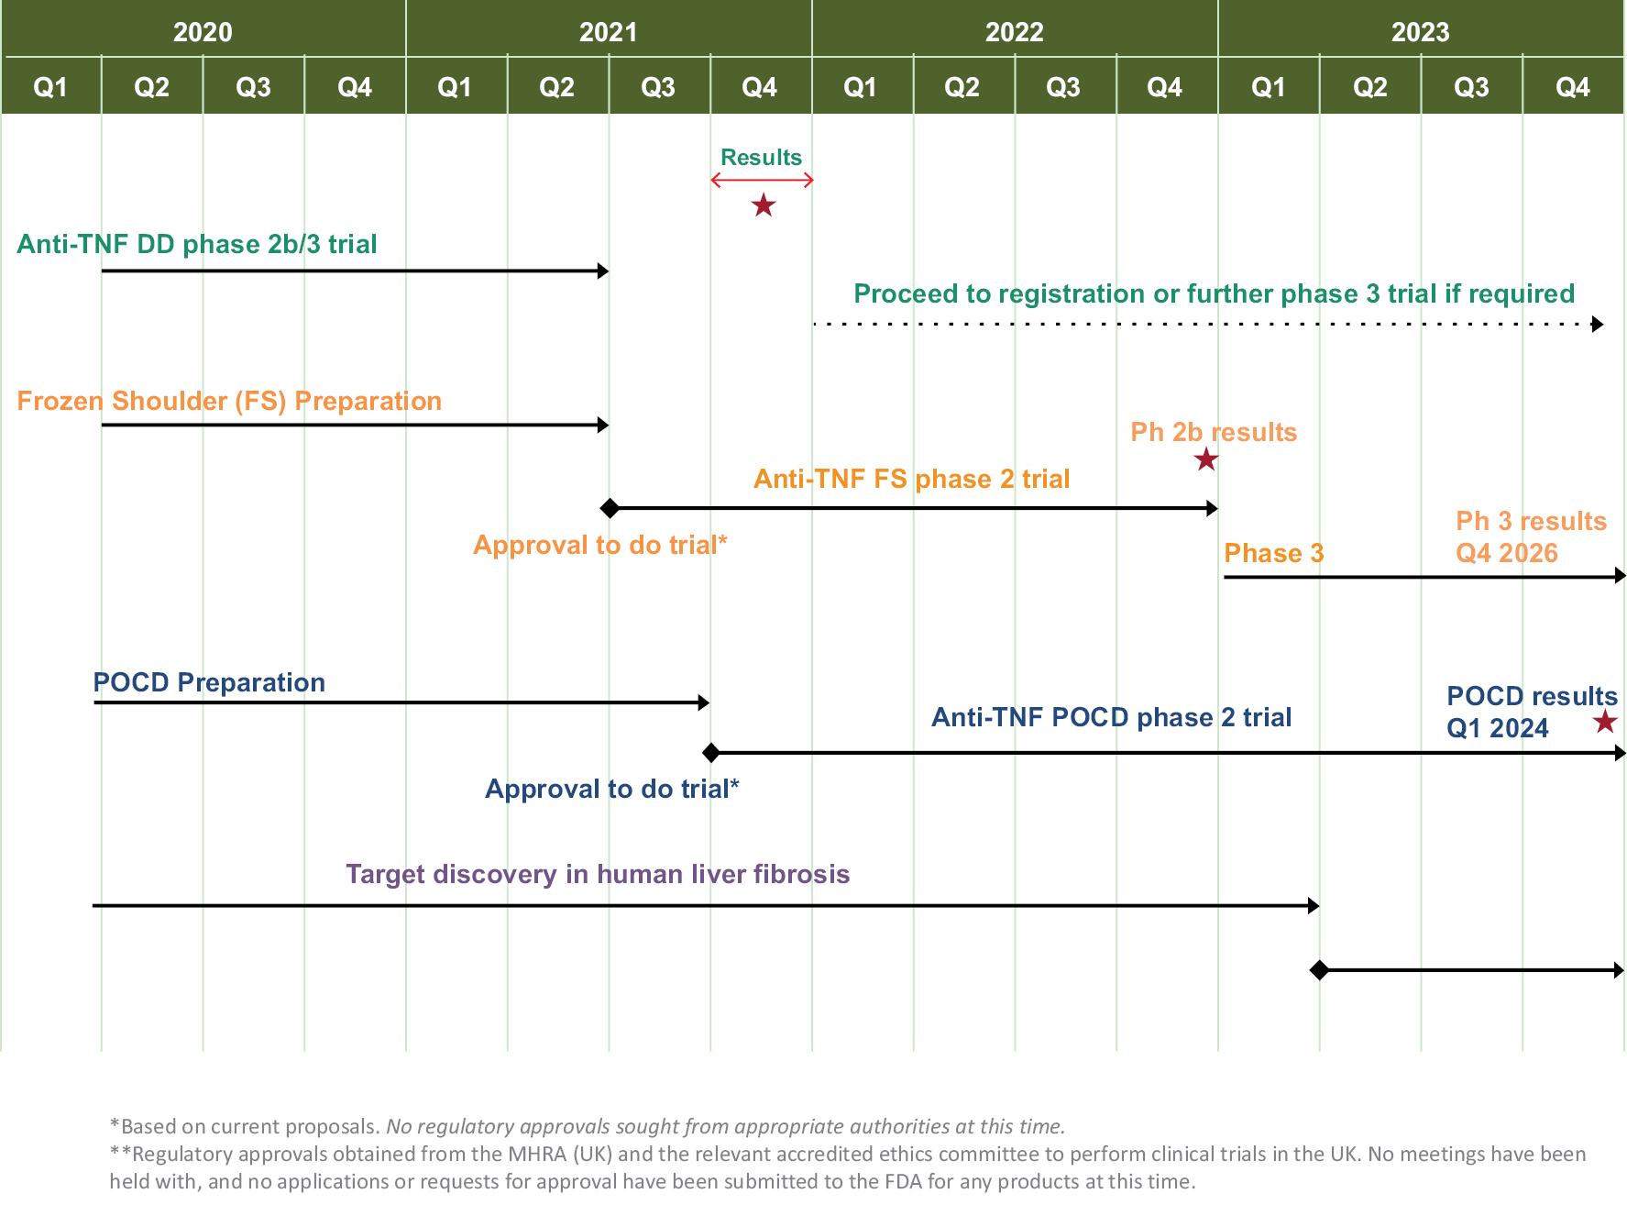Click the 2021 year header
tap(608, 32)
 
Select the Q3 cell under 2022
tap(1063, 87)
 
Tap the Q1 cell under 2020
tap(50, 87)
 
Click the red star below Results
tap(763, 205)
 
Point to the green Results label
tap(761, 157)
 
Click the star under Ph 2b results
tap(1206, 459)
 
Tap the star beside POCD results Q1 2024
tap(1604, 722)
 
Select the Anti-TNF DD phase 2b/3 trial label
tap(197, 244)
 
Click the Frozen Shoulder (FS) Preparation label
tap(229, 401)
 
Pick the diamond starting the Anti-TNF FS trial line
tap(610, 508)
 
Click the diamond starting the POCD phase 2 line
tap(710, 753)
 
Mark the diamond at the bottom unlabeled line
tap(1319, 970)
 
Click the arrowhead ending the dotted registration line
tap(1598, 324)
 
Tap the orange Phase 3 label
tap(1273, 553)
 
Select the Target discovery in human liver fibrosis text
tap(598, 874)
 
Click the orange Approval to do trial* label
tap(599, 545)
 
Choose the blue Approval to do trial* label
tap(611, 789)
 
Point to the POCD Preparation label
tap(209, 682)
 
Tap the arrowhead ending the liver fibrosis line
tap(1314, 906)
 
